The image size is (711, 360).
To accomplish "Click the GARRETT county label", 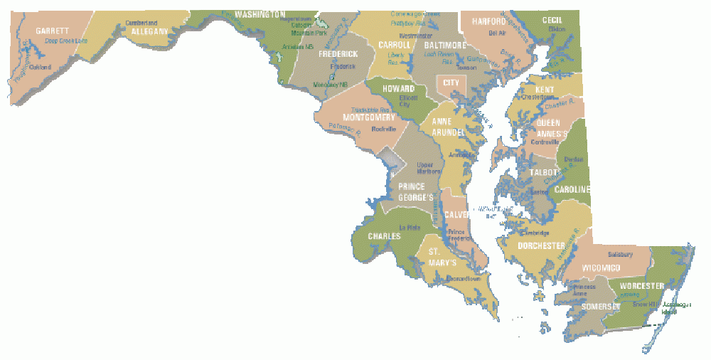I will tap(53, 31).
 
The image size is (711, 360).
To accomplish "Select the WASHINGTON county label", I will tap(260, 14).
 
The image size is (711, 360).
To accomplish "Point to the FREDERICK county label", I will tap(337, 53).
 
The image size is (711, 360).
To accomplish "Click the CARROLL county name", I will tap(395, 44).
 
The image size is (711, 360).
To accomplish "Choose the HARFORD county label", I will tap(488, 21).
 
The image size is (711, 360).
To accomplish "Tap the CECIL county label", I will tap(552, 20).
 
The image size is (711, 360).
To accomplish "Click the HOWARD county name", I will tap(399, 89).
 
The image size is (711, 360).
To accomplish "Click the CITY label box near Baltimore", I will tap(451, 83).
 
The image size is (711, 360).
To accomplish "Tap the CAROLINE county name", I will tap(573, 189).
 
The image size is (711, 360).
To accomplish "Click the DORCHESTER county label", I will tap(541, 245).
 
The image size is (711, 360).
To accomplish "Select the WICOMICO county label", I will tap(602, 268).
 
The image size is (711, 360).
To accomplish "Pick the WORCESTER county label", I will tap(641, 286).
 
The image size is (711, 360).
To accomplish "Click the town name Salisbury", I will tap(619, 254).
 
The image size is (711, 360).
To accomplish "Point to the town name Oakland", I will tap(41, 68).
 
